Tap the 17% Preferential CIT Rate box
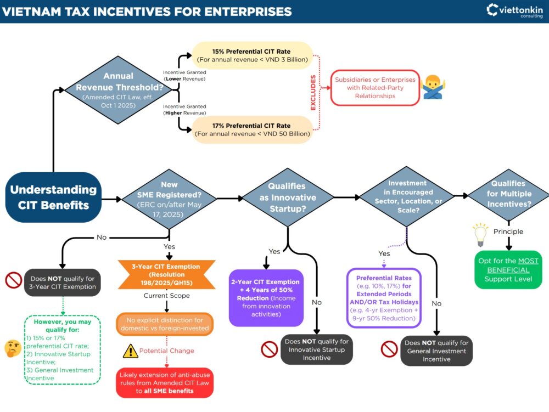tap(252, 129)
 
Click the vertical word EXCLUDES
tap(313, 93)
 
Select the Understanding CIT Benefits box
tap(54, 197)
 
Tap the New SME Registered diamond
tap(169, 197)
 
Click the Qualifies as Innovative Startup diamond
tap(288, 197)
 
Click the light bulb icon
tap(481, 234)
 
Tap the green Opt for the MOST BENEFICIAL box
tap(508, 270)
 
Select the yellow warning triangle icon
tap(130, 351)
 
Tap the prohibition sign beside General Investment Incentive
tap(389, 349)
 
